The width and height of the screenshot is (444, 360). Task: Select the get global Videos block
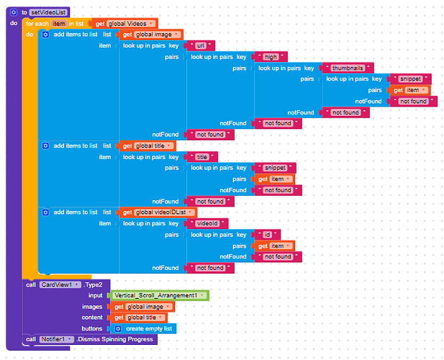(127, 24)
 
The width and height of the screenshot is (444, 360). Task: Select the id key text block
(268, 234)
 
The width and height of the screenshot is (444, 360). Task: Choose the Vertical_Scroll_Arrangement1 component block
(158, 296)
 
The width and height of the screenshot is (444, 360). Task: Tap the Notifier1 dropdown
(57, 339)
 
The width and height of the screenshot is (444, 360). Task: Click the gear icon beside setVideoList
(14, 12)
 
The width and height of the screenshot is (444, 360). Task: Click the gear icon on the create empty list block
(118, 328)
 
